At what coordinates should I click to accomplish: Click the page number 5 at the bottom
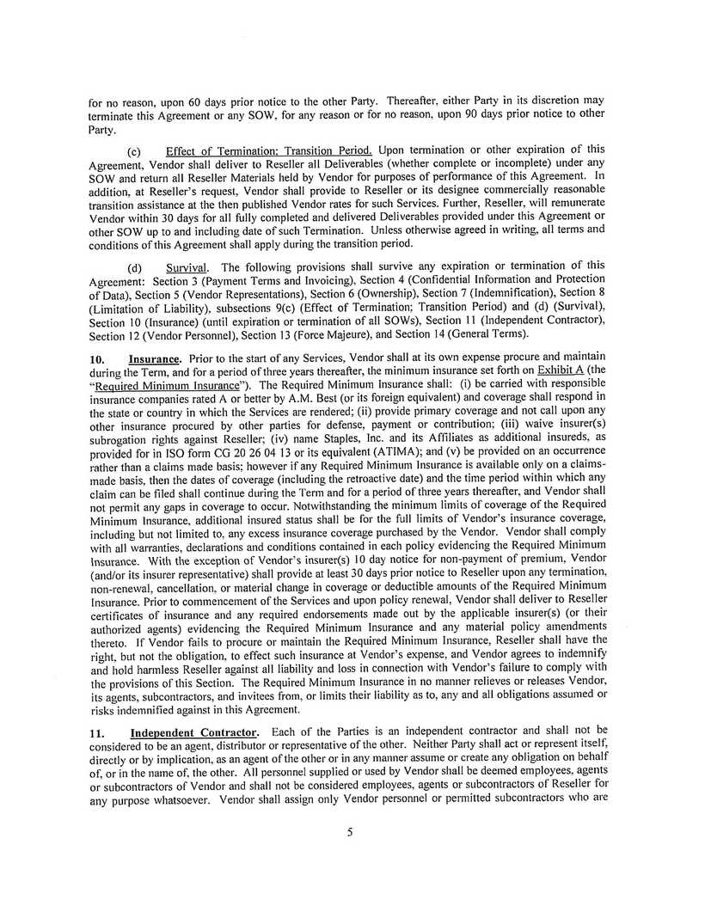350,831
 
